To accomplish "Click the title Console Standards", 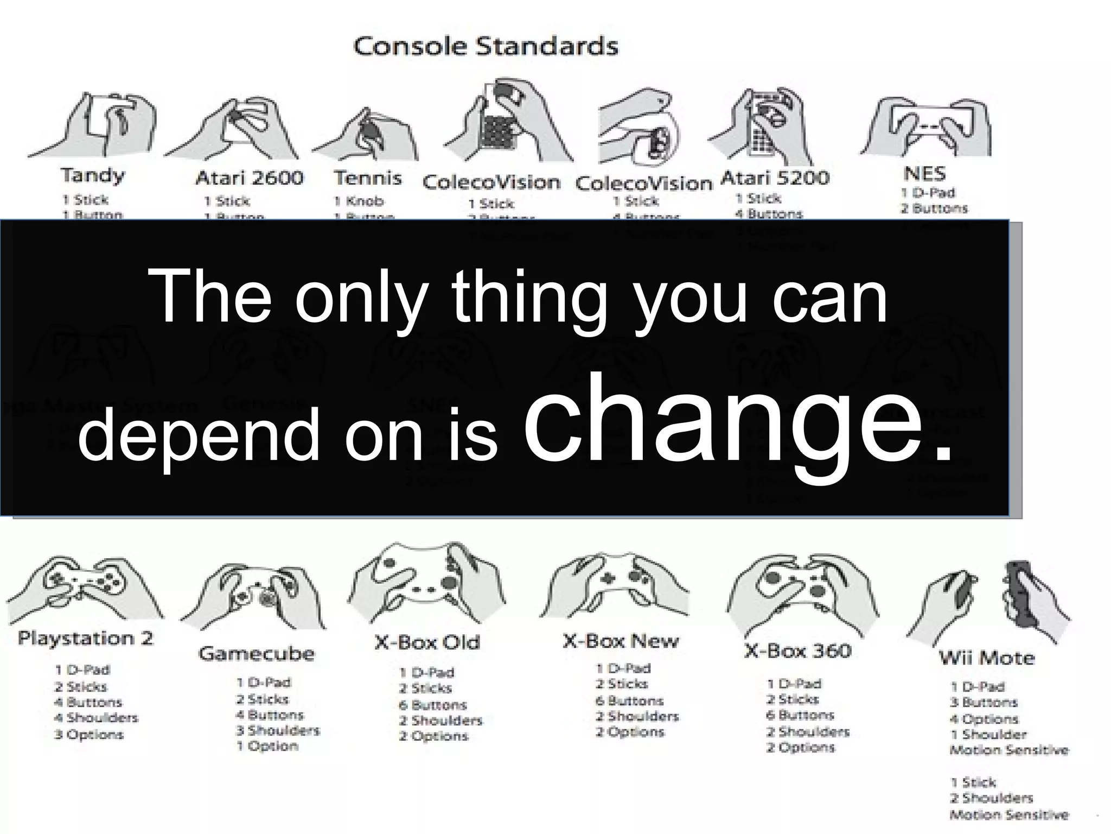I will [486, 46].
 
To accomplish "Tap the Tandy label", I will [93, 175].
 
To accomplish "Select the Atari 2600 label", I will [250, 178].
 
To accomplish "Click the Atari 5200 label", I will [775, 178].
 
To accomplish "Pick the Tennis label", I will [368, 178].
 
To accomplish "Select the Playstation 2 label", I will [86, 638].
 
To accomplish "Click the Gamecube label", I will [256, 653].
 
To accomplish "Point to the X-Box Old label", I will [427, 642].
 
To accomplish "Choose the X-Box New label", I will [621, 641].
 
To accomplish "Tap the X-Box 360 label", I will [797, 650].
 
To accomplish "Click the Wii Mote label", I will [987, 658].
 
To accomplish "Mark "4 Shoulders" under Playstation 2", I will [96, 718].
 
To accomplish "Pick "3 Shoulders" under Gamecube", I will [278, 730].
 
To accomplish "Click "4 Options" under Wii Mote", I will [984, 719].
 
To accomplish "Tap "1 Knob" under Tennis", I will [359, 201].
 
